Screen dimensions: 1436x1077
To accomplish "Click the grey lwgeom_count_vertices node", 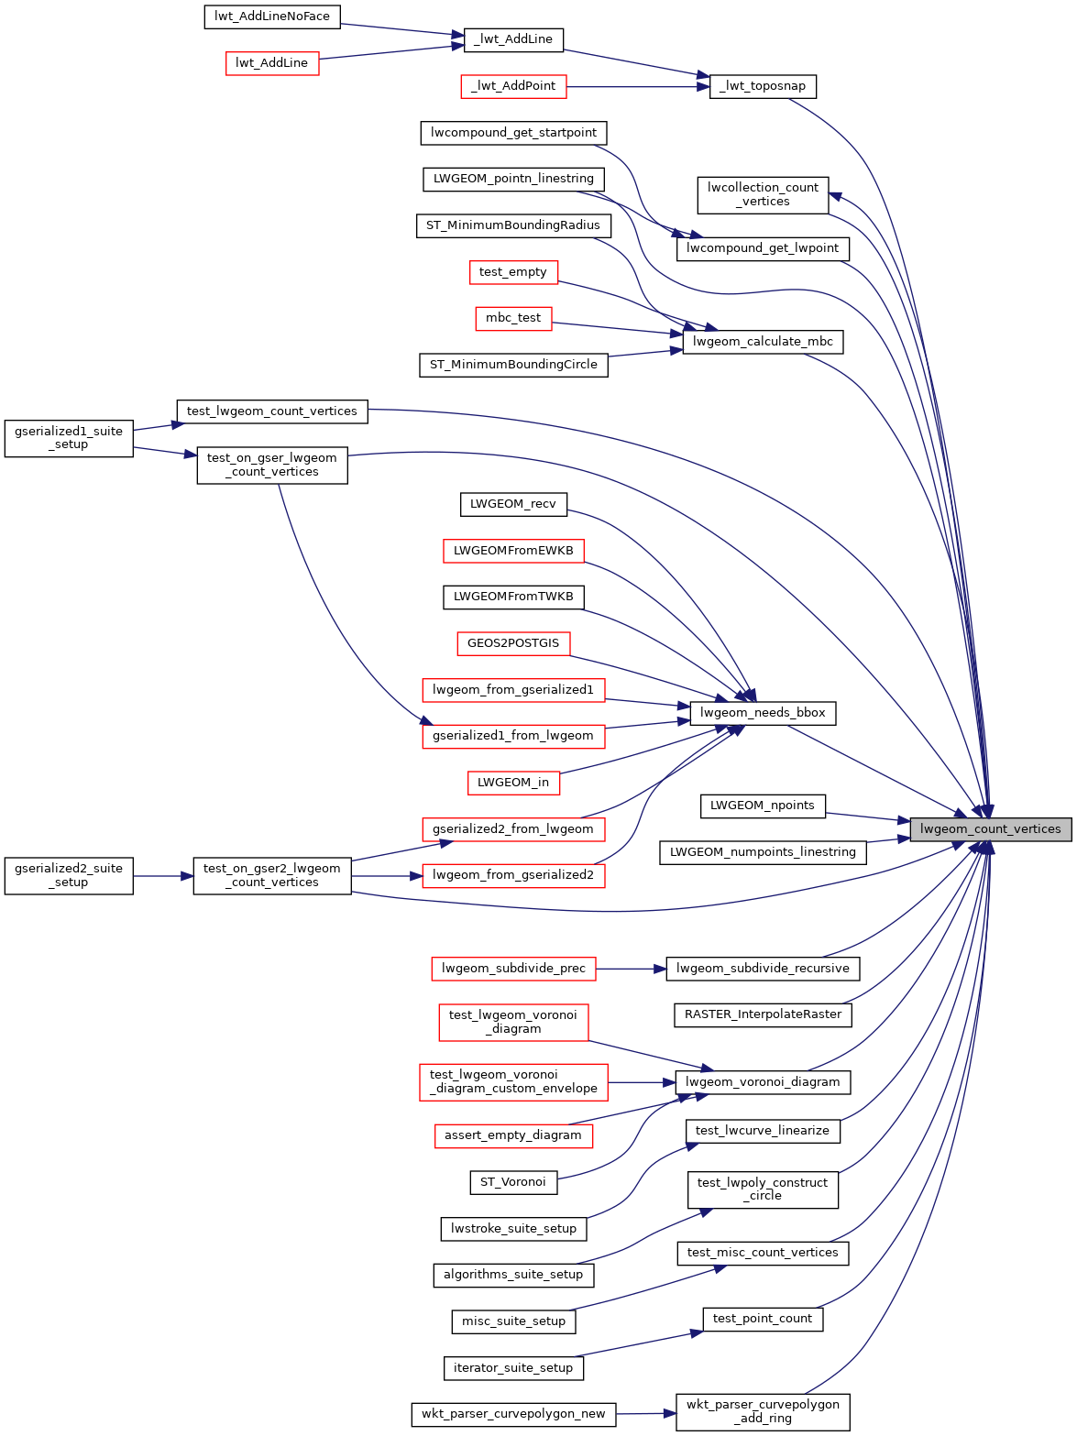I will click(990, 829).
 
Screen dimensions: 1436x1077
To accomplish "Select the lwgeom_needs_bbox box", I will click(763, 713).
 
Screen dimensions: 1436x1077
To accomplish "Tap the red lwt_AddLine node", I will click(272, 63).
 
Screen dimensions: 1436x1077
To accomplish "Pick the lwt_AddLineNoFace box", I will click(272, 16).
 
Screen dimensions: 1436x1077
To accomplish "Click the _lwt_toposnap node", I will click(763, 86).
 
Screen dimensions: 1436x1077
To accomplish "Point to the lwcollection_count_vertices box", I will click(763, 194).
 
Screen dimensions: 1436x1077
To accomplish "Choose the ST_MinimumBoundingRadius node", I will click(513, 225).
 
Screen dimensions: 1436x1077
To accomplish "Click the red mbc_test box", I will click(513, 318).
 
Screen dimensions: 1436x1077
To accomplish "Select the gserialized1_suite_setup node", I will click(69, 438).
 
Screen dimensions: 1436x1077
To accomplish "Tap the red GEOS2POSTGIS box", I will click(513, 643).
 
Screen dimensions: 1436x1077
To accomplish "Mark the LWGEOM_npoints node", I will click(763, 806).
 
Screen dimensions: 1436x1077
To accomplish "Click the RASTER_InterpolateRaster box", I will click(763, 1014).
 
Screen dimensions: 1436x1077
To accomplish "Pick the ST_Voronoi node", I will click(513, 1182).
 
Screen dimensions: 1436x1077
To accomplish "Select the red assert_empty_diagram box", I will click(513, 1135).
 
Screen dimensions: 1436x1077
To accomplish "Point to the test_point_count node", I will click(763, 1319).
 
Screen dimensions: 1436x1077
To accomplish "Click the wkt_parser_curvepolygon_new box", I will click(513, 1414).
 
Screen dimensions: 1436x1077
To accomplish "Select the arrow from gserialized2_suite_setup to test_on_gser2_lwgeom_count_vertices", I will click(163, 876).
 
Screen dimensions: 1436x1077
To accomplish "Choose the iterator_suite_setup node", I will click(513, 1368).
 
